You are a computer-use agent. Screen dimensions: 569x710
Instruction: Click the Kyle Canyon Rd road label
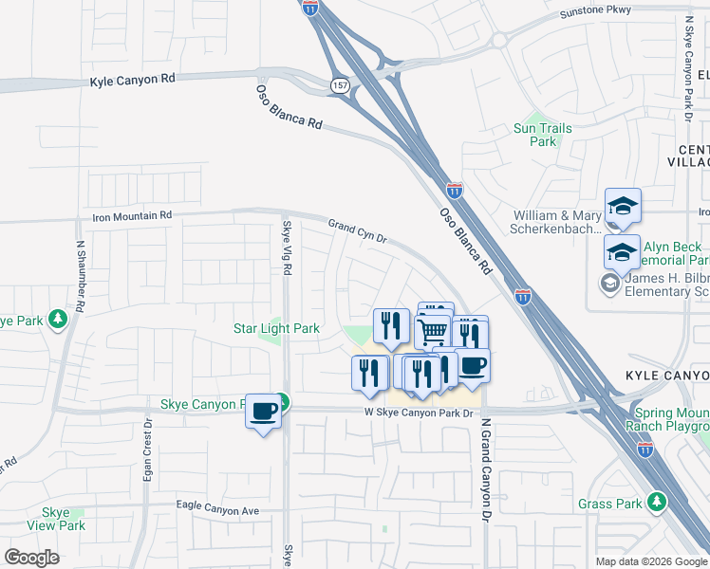pos(133,82)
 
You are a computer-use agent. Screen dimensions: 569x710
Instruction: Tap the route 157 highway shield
pos(339,86)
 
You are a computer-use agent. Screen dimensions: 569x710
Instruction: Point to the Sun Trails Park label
pos(542,135)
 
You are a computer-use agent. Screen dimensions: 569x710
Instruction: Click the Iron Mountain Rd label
pos(132,216)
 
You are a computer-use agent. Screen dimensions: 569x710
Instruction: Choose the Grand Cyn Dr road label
pos(359,231)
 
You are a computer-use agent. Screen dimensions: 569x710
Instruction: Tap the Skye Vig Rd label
pos(288,248)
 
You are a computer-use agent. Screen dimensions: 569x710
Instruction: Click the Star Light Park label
pos(276,329)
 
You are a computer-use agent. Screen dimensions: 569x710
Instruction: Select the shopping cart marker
pos(432,332)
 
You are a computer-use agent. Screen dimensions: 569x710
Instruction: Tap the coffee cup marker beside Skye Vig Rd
pos(264,411)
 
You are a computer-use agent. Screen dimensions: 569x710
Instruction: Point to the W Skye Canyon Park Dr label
pos(419,413)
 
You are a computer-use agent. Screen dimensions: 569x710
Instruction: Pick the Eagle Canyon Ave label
pos(217,509)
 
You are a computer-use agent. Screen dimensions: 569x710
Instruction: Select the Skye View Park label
pos(56,519)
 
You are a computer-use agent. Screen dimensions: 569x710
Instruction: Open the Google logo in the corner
pos(31,558)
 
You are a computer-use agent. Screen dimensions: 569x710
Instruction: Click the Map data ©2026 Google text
pos(651,561)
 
